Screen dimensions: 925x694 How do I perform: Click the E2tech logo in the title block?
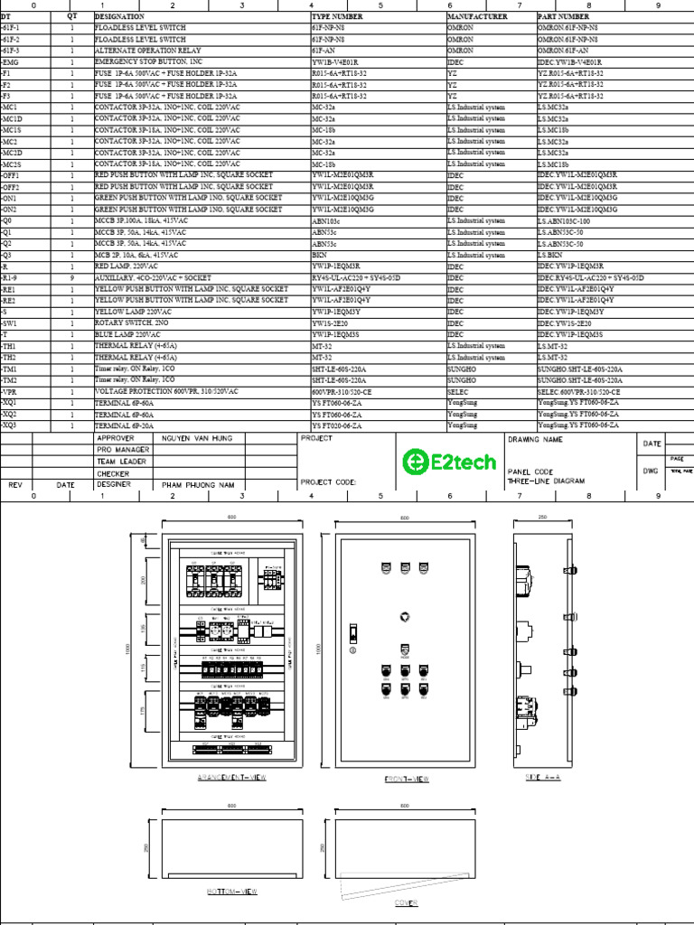click(x=449, y=462)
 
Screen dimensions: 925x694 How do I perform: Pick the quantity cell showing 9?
click(x=72, y=277)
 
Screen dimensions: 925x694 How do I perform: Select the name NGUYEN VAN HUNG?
click(x=197, y=438)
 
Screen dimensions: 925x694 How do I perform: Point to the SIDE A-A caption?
click(x=542, y=777)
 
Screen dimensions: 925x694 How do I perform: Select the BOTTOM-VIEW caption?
click(x=232, y=892)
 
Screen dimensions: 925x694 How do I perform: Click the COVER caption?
click(x=406, y=902)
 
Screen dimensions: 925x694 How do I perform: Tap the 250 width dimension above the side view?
click(x=542, y=517)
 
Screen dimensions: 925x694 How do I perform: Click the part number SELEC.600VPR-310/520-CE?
click(x=578, y=391)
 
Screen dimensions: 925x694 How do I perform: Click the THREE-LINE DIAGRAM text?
click(x=547, y=481)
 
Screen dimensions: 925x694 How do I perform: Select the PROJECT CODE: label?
click(x=328, y=482)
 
